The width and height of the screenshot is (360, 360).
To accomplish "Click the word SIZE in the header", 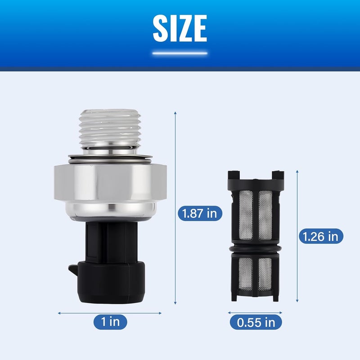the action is [180, 28].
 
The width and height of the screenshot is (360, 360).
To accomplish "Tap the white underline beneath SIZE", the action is [180, 54].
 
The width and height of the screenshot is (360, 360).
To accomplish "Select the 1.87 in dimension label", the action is [200, 213].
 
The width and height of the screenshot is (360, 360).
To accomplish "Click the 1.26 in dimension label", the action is [321, 236].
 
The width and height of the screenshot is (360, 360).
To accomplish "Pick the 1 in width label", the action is [110, 322].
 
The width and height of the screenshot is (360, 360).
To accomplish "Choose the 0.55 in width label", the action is [256, 322].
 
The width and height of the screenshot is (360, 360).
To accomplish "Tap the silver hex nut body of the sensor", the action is [110, 182].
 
